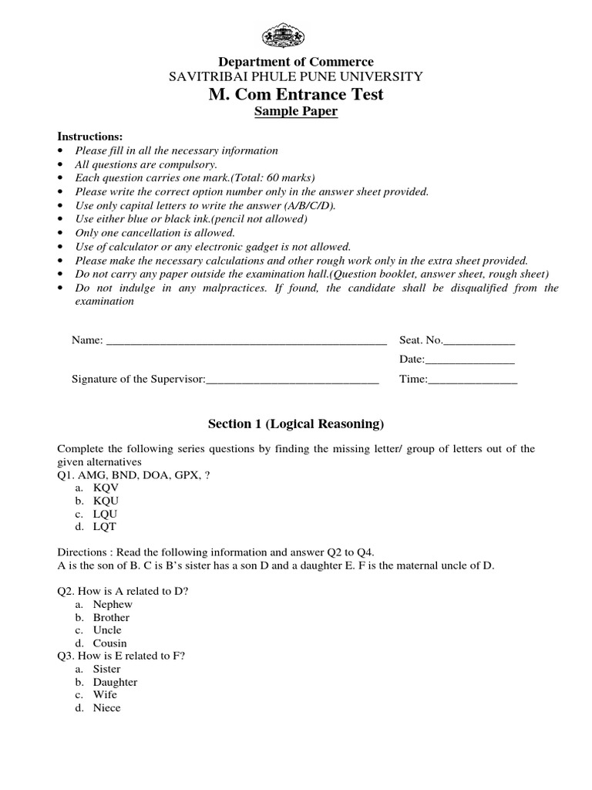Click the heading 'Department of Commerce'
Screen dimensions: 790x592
tap(296, 62)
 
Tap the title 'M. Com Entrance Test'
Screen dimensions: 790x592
tap(296, 95)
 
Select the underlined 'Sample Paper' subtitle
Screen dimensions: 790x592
tap(296, 113)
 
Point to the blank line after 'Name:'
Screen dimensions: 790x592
tap(246, 341)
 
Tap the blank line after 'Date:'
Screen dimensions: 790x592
tap(469, 360)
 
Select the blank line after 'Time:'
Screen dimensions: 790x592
tap(473, 380)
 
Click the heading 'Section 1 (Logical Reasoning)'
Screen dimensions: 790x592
tap(296, 424)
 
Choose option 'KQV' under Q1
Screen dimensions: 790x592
tap(106, 488)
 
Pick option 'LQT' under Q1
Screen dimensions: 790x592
tap(106, 527)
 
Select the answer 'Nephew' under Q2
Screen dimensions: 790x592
tap(113, 605)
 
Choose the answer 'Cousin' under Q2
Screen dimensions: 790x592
tap(110, 643)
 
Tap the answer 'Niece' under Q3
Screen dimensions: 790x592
tap(107, 708)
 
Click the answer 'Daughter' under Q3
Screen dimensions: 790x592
tap(115, 683)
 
